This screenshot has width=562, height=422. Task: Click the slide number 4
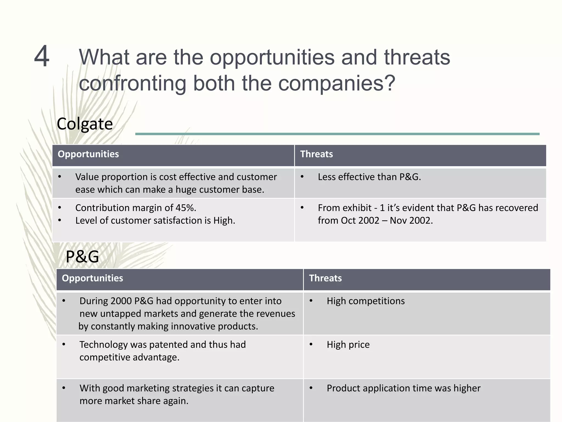42,56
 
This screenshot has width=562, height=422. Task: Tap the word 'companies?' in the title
337,83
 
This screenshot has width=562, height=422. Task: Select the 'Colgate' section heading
85,124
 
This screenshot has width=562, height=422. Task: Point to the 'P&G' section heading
82,257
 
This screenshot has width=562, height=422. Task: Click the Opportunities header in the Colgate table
88,154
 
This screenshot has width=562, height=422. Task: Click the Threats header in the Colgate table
316,154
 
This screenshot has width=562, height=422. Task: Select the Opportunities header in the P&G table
92,278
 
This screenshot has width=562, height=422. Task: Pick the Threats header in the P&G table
325,278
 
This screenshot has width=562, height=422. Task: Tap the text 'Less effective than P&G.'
369,177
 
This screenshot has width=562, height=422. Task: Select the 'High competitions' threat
366,301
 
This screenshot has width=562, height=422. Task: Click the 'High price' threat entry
348,344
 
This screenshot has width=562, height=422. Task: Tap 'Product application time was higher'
403,388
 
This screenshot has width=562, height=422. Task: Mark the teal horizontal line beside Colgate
337,134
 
